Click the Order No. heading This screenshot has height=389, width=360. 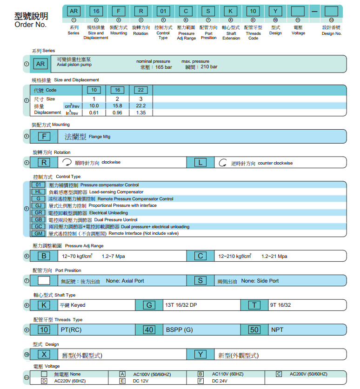click(x=31, y=25)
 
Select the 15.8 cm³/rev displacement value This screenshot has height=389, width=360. click(x=118, y=105)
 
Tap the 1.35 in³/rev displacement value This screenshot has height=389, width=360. click(x=141, y=112)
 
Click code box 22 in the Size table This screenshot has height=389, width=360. click(x=141, y=90)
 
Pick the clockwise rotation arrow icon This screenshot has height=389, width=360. click(x=67, y=163)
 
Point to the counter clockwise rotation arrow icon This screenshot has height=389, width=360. click(x=223, y=163)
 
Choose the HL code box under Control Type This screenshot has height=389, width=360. click(x=38, y=191)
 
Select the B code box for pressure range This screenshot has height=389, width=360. click(x=44, y=256)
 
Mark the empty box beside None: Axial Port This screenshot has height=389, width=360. click(x=44, y=280)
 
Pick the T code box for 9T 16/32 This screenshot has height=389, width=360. click(x=254, y=305)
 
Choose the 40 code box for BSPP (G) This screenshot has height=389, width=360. click(x=149, y=330)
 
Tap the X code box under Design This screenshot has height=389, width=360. click(x=44, y=354)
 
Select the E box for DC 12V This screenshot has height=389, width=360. click(x=122, y=381)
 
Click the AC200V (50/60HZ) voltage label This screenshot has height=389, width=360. click(x=308, y=374)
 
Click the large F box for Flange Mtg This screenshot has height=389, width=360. click(x=44, y=136)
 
